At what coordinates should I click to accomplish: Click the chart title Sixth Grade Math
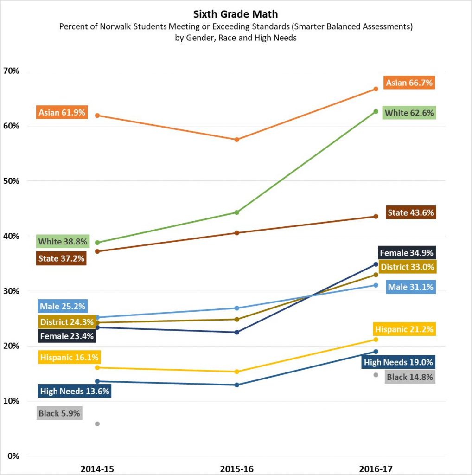pos(236,14)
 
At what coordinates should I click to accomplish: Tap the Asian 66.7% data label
pos(409,83)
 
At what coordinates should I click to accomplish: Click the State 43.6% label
pos(411,213)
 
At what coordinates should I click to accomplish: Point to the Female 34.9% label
pos(407,253)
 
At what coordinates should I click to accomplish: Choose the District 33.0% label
pos(407,267)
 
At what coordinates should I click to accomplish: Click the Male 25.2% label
pos(62,306)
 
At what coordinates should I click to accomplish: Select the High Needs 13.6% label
pos(75,391)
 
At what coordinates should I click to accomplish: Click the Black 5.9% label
pos(59,413)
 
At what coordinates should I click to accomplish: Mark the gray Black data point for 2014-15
pos(97,424)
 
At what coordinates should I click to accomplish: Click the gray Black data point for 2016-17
pos(376,375)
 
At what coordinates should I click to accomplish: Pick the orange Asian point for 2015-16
pos(237,140)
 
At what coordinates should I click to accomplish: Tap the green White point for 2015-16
pos(237,212)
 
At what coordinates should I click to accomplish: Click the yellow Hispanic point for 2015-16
pos(237,372)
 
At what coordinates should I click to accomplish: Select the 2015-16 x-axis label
pos(237,469)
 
